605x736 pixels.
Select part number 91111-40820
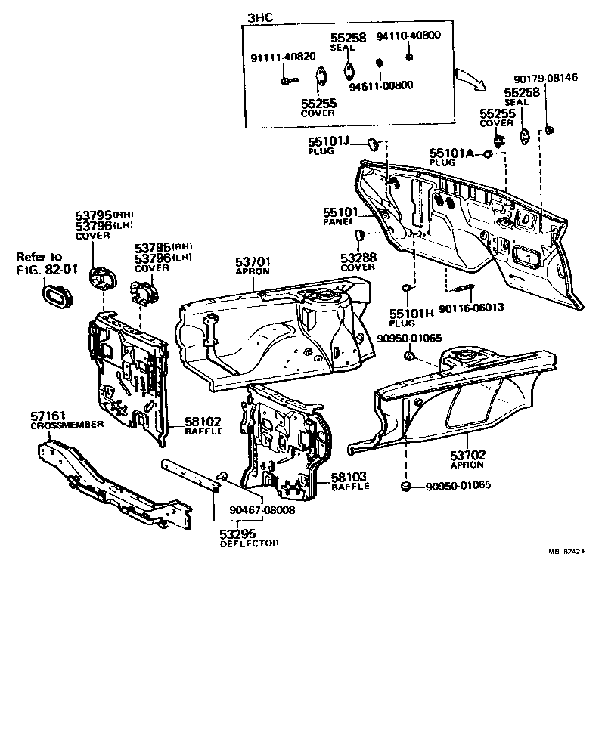(284, 57)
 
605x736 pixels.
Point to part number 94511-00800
(381, 85)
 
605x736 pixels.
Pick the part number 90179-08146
(545, 78)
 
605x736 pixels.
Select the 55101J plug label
(329, 141)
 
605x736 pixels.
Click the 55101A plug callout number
(451, 153)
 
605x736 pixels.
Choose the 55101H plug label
(413, 314)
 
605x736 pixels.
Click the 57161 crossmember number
(49, 415)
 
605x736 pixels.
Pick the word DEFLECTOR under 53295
(250, 543)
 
